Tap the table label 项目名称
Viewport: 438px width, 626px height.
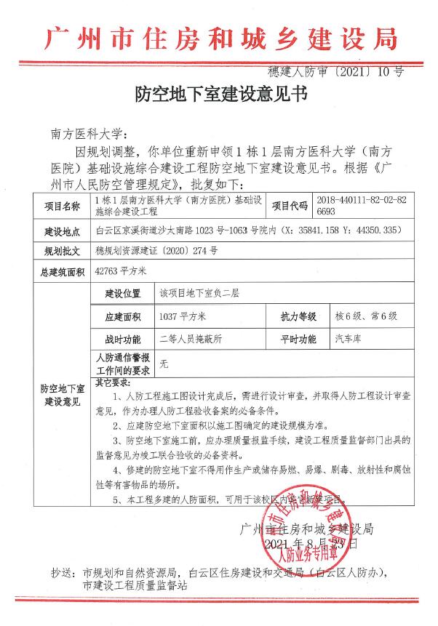coord(62,206)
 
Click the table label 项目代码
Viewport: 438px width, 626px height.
coord(290,206)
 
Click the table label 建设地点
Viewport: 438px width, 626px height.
coord(62,232)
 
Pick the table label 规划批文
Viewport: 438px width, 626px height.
coord(62,252)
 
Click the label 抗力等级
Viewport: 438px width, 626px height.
coord(298,317)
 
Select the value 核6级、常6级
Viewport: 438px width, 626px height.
coord(365,317)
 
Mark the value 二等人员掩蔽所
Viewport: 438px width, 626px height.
coord(191,339)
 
